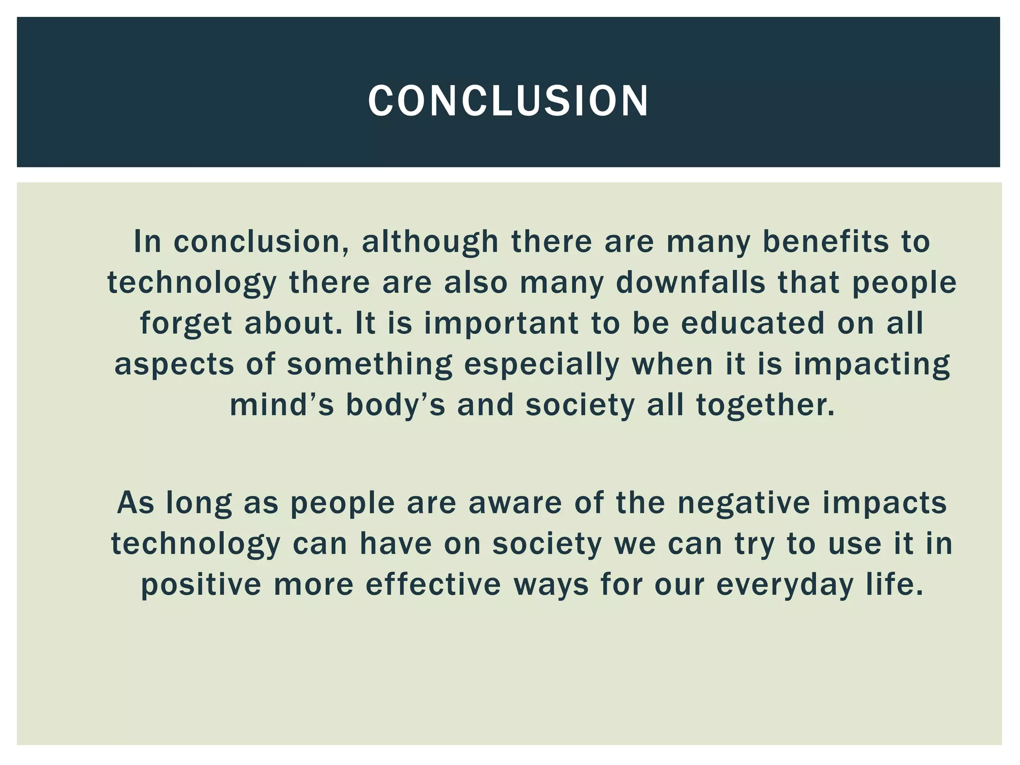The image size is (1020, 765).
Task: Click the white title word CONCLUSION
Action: click(x=509, y=101)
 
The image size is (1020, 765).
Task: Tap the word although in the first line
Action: click(x=430, y=242)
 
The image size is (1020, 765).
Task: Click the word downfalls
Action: click(x=690, y=282)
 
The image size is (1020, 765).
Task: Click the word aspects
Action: click(x=174, y=365)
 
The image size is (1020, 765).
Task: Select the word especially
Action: click(x=542, y=365)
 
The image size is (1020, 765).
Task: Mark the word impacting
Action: click(x=872, y=365)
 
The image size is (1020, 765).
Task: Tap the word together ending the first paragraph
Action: click(x=764, y=405)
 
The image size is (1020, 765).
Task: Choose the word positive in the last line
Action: click(x=201, y=585)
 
